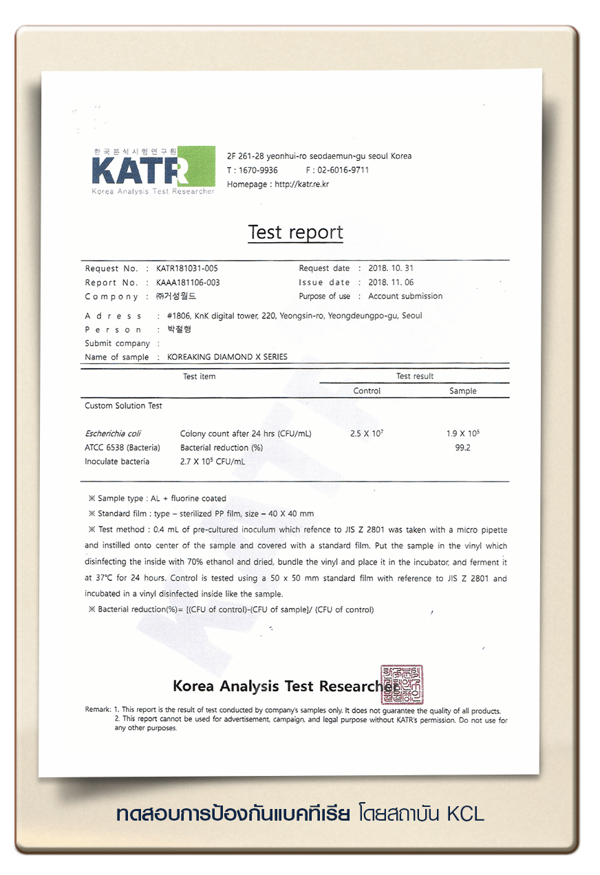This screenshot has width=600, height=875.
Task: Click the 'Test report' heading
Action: pyautogui.click(x=295, y=233)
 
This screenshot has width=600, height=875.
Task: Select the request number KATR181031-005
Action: pyautogui.click(x=187, y=268)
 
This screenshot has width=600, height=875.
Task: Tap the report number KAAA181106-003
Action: pyautogui.click(x=188, y=283)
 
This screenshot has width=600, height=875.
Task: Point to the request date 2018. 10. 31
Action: pyautogui.click(x=391, y=268)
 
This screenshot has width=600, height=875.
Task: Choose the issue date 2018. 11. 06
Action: pyautogui.click(x=391, y=283)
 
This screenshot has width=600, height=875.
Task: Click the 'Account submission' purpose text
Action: pyautogui.click(x=405, y=296)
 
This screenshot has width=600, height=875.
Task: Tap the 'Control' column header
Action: pyautogui.click(x=367, y=391)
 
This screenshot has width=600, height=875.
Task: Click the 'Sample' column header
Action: pyautogui.click(x=463, y=391)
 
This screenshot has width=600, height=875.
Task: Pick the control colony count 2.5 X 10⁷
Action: pyautogui.click(x=367, y=434)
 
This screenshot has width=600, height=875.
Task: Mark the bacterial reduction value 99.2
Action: pyautogui.click(x=463, y=448)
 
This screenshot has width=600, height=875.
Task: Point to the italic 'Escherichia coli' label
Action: pyautogui.click(x=113, y=434)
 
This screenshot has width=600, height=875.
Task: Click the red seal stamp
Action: pyautogui.click(x=403, y=684)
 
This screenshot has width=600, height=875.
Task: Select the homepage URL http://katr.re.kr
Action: pyautogui.click(x=301, y=184)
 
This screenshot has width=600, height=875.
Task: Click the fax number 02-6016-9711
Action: pyautogui.click(x=343, y=170)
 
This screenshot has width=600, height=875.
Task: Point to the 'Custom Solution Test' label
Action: pyautogui.click(x=124, y=406)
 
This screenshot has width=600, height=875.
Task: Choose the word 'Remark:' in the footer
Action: pyautogui.click(x=98, y=710)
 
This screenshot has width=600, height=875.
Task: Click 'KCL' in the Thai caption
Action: pyautogui.click(x=465, y=814)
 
